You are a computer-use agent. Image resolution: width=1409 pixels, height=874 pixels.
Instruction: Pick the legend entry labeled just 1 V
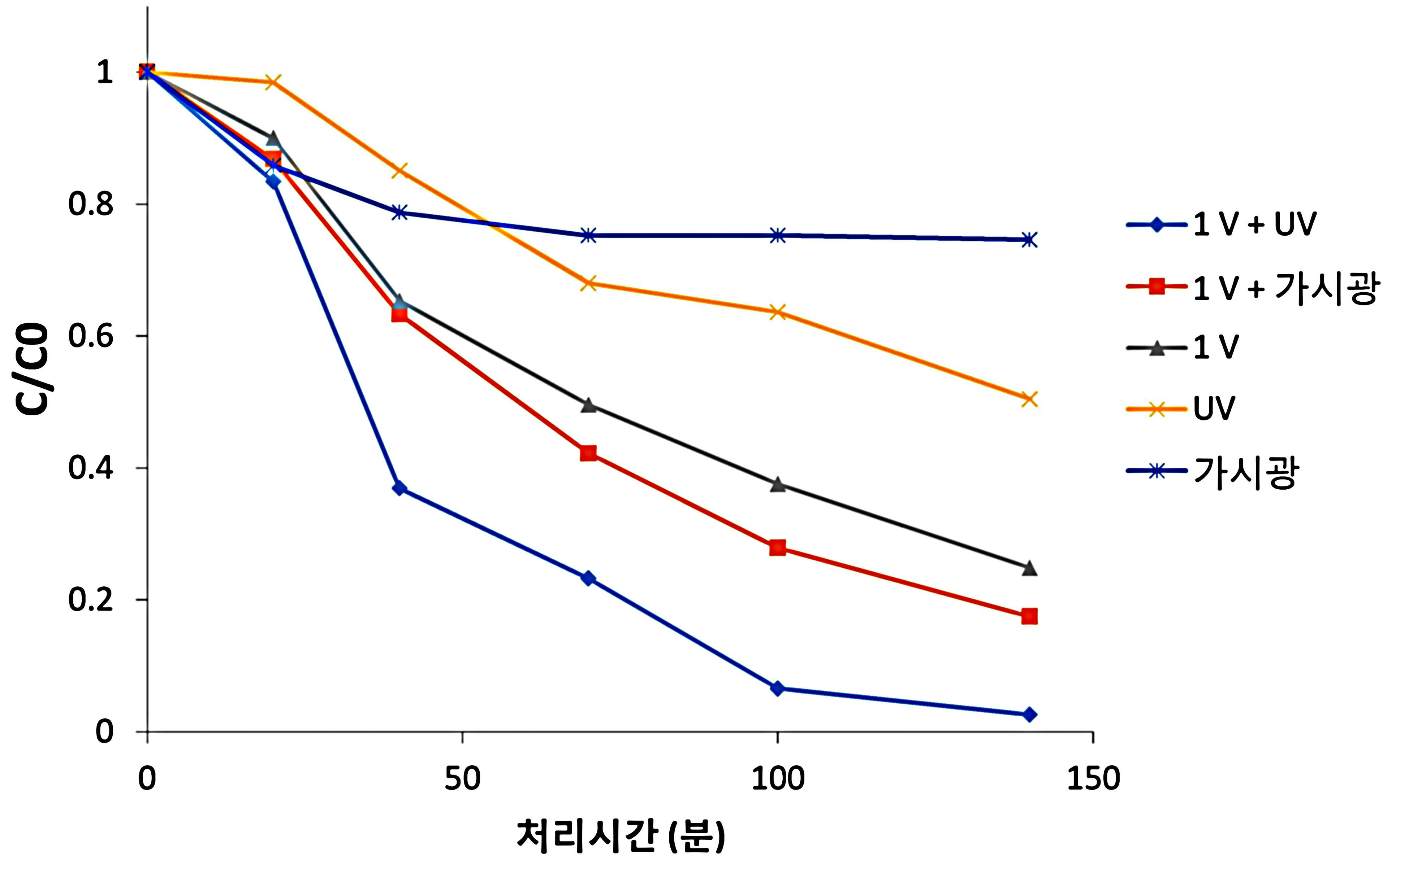click(1183, 348)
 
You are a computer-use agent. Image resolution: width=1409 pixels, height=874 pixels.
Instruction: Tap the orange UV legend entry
click(1180, 409)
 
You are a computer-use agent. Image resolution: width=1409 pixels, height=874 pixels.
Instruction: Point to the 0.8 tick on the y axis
click(91, 204)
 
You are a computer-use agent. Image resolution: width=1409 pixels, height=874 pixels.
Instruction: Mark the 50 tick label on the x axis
click(462, 779)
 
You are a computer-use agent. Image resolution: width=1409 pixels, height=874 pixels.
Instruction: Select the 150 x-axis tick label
click(1093, 779)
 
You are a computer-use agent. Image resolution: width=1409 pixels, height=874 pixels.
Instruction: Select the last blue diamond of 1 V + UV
click(1029, 715)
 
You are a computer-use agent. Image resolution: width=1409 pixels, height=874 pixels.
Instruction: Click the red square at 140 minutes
click(1029, 616)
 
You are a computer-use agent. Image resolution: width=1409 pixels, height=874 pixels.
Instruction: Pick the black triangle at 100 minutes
click(778, 484)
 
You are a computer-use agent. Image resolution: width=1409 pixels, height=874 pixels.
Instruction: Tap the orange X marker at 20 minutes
click(273, 82)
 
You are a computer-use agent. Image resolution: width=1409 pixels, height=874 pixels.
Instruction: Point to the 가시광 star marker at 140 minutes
click(1029, 239)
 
